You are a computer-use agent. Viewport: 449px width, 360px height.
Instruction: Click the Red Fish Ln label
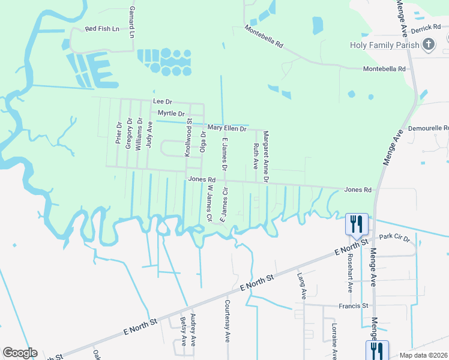click(102, 29)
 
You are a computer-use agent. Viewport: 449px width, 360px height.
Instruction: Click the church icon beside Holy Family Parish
click(429, 44)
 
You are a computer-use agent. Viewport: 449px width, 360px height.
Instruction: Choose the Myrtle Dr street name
click(171, 113)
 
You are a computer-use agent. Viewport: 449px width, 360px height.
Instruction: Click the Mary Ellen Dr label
click(227, 128)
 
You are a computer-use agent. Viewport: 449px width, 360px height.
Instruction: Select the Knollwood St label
click(188, 138)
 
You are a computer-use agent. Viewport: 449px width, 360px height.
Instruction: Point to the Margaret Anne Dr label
click(265, 157)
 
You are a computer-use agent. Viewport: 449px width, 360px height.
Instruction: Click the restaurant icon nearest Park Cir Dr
click(357, 224)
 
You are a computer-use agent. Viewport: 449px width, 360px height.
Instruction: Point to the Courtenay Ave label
click(228, 321)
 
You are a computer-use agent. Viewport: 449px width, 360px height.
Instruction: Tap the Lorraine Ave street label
click(334, 340)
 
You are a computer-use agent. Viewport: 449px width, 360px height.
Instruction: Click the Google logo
click(20, 353)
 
